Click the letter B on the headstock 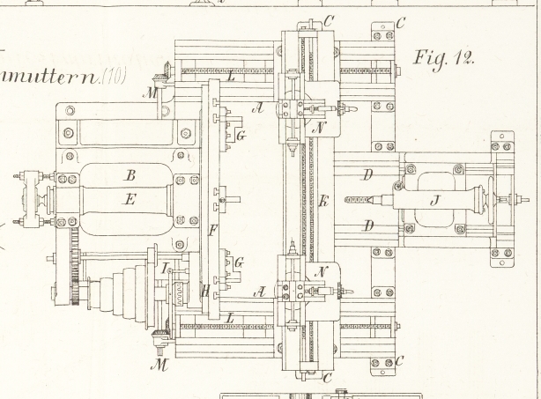click(130, 175)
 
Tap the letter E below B click(130, 200)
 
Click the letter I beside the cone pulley click(167, 265)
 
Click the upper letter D click(368, 176)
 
